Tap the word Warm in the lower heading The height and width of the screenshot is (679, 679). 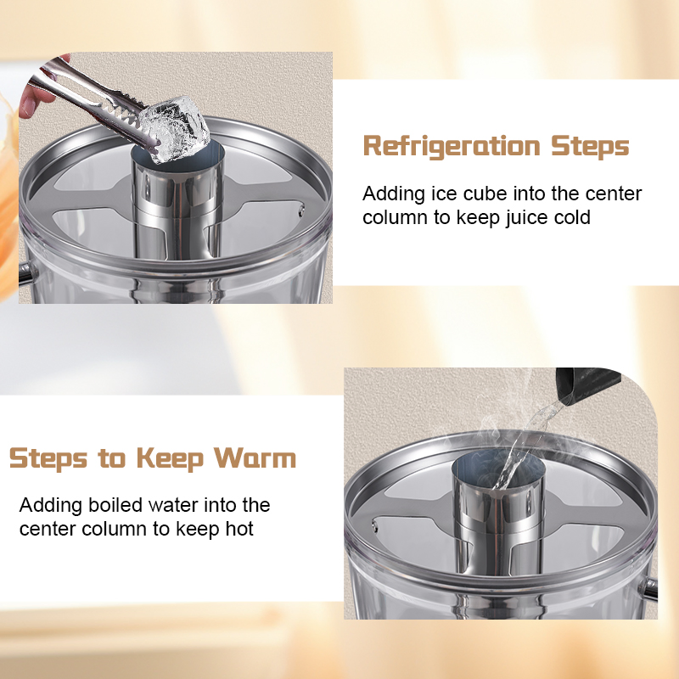[255, 458]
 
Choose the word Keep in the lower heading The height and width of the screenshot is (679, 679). [168, 458]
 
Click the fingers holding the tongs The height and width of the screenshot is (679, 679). [31, 98]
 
